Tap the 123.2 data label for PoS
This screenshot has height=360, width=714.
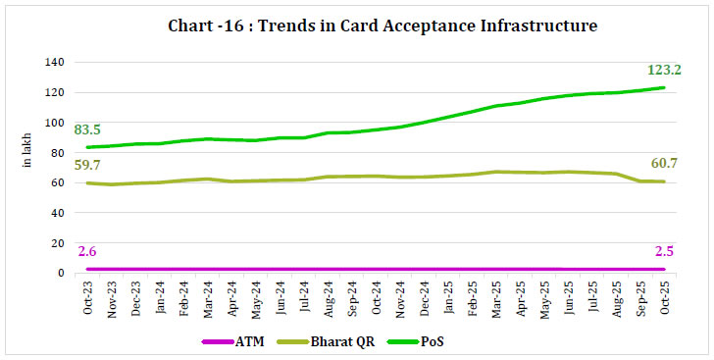click(663, 70)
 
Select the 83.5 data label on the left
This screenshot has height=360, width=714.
click(85, 129)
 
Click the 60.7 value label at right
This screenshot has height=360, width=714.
click(664, 166)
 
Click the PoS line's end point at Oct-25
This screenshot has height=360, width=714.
click(664, 87)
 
